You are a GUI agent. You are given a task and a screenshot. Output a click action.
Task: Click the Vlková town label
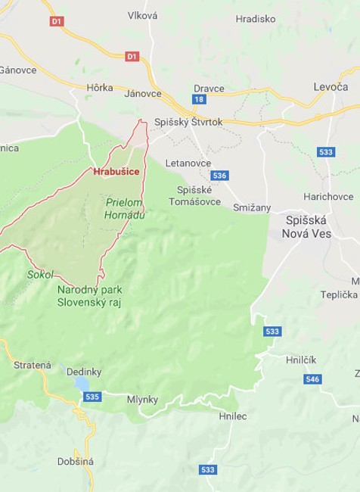(142, 15)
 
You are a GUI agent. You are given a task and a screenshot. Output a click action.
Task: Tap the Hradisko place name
(255, 19)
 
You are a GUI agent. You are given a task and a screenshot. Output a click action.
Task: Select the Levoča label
(331, 87)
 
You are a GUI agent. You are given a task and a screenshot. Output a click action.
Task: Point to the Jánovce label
(143, 94)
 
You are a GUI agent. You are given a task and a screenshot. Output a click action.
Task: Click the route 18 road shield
(199, 99)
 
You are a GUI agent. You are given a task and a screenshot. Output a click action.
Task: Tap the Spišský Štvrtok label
(188, 122)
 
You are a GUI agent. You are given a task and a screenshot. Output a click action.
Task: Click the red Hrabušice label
(116, 172)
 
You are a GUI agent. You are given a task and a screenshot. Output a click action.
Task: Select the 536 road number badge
(219, 176)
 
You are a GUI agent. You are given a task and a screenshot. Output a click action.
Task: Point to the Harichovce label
(327, 196)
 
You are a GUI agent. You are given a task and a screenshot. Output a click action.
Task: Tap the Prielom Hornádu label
(125, 209)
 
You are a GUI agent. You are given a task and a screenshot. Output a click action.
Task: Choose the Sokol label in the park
(39, 274)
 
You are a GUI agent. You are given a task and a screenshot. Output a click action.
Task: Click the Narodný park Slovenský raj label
(88, 296)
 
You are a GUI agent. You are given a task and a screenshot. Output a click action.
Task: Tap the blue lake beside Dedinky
(81, 385)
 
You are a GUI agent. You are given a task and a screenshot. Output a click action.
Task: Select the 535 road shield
(92, 397)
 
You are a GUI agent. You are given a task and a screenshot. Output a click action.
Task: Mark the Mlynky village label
(142, 399)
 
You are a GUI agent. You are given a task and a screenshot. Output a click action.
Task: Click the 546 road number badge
(312, 378)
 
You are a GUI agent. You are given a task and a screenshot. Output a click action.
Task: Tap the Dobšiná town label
(76, 461)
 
